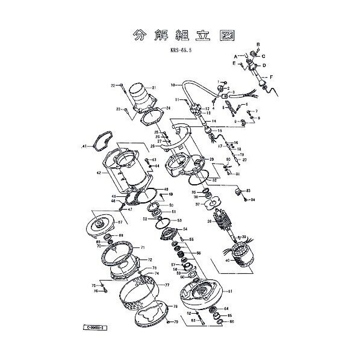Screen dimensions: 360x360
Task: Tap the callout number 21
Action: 154,88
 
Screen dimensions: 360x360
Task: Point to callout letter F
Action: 272,78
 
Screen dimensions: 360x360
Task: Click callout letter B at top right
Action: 258,45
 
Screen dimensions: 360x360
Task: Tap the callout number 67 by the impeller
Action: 120,222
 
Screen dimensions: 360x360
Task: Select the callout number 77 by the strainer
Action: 167,284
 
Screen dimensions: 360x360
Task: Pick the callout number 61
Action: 229,291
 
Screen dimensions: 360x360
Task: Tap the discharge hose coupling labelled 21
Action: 138,96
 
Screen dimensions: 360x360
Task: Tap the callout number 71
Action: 143,247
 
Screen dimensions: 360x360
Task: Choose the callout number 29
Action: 212,159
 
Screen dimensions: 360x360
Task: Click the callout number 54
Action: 185,229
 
